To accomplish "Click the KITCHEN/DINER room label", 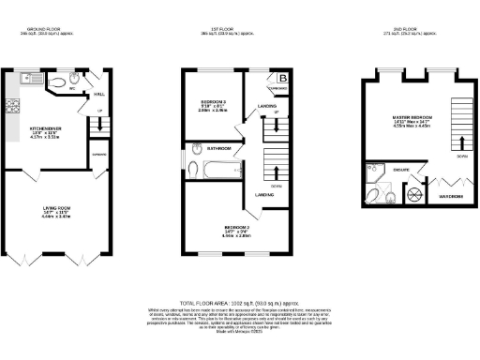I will (45, 128).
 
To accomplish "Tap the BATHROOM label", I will (219, 148).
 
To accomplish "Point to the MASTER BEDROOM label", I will (412, 117).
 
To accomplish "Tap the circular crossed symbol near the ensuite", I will (413, 194).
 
